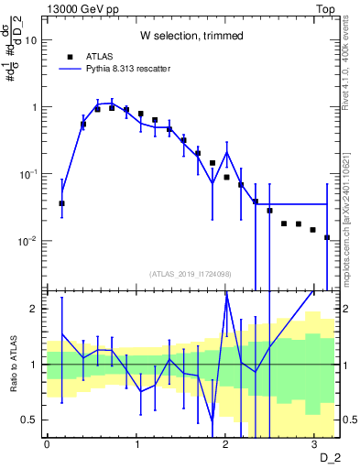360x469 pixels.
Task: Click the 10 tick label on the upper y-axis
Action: click(30, 40)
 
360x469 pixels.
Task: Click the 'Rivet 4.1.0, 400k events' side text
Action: click(351, 69)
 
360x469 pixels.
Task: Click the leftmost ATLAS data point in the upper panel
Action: click(61, 203)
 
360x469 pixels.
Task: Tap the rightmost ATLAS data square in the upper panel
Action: click(327, 237)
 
